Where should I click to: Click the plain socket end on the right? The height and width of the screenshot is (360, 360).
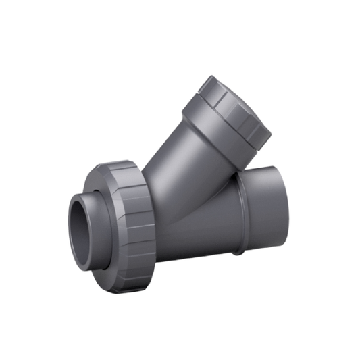[x=267, y=209]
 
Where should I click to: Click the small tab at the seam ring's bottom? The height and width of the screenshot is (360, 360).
[x=237, y=254]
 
